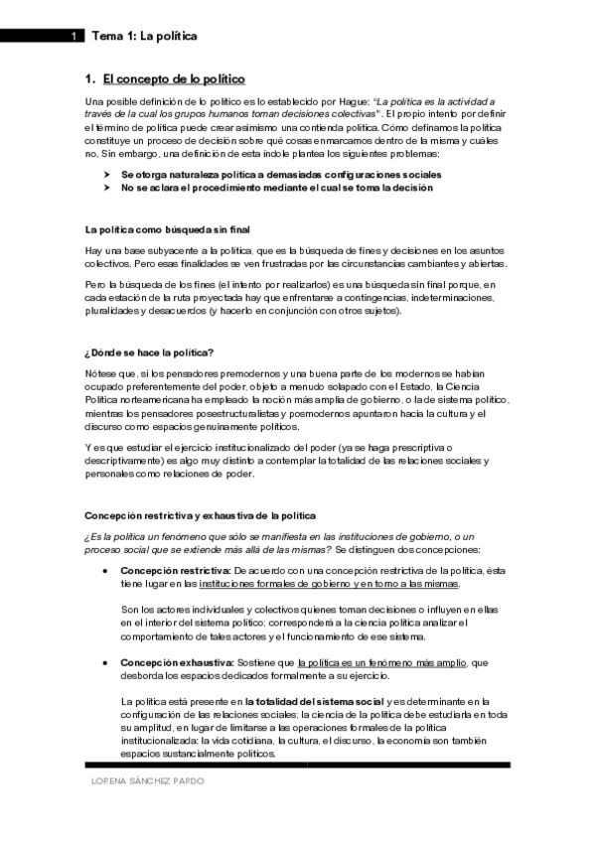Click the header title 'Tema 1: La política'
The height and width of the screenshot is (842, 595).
pyautogui.click(x=144, y=37)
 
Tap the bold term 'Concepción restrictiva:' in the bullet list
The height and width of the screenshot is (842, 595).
pyautogui.click(x=175, y=571)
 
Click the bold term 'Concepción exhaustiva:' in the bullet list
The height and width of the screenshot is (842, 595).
pyautogui.click(x=177, y=661)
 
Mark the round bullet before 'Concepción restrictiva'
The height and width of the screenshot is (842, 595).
pyautogui.click(x=104, y=572)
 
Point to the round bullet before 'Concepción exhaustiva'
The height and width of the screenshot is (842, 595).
pyautogui.click(x=104, y=662)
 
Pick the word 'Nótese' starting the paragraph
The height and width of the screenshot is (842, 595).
pyautogui.click(x=101, y=373)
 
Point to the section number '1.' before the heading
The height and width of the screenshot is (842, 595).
pyautogui.click(x=90, y=78)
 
